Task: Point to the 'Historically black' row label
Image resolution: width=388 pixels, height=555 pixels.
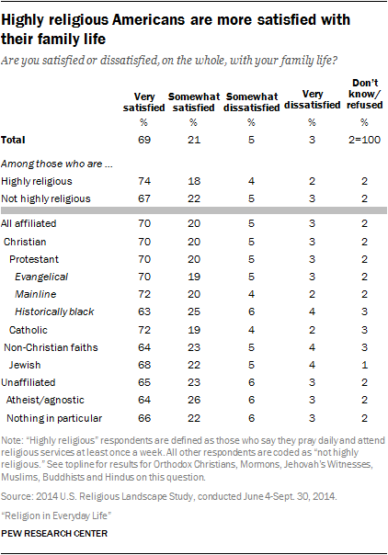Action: pos(57,311)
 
